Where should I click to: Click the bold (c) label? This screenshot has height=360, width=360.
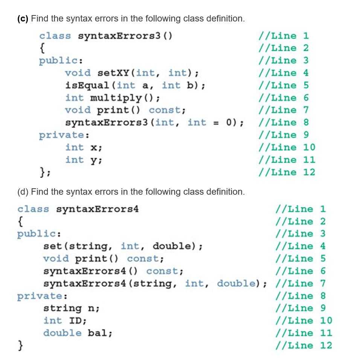pos(23,18)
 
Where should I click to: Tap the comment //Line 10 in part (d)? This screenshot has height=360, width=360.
pos(304,320)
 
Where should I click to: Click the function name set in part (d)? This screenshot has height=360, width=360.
pos(53,246)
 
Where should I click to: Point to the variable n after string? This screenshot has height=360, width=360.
pos(91,308)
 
